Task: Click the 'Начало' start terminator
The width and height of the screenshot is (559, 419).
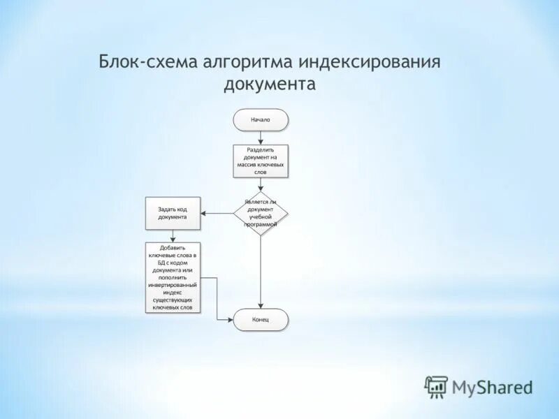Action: pos(261,119)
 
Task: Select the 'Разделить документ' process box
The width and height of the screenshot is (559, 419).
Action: pos(261,160)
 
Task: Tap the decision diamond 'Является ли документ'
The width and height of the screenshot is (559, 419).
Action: pos(261,213)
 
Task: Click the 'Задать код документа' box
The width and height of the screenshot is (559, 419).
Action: pos(172,213)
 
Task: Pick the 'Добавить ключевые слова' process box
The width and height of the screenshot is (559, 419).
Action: pos(172,277)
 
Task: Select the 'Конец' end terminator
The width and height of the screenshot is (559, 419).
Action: pos(261,320)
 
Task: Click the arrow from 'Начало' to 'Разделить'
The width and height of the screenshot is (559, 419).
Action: pos(261,138)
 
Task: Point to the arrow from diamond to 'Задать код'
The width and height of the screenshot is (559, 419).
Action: pos(217,213)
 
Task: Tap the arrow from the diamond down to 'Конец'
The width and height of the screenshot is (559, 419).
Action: pos(261,272)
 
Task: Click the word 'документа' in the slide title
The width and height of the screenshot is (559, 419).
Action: pos(270,84)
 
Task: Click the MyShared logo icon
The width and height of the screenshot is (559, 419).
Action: pos(436,385)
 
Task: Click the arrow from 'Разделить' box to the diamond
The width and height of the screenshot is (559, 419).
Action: pos(261,184)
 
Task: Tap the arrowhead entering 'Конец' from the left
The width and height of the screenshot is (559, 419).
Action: pos(231,320)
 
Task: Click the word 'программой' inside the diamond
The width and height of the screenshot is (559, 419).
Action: pos(261,224)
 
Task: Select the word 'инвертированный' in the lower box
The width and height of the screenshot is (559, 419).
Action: pos(172,285)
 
